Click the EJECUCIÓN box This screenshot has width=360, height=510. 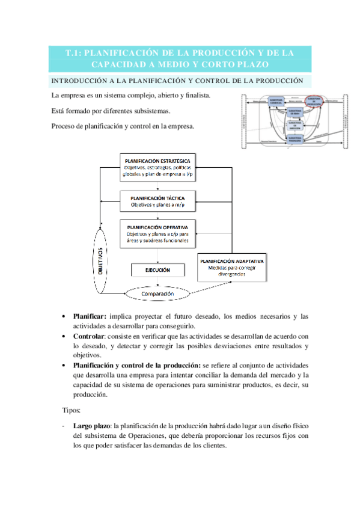[x=157, y=270]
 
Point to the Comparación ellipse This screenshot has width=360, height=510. [x=157, y=294]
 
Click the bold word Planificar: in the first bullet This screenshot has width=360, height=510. [x=90, y=316]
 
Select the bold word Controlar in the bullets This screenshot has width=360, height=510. [x=88, y=336]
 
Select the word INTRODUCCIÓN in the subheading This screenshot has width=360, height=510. [x=79, y=81]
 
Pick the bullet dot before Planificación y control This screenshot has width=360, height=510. [x=65, y=366]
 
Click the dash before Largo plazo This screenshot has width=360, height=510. [x=64, y=426]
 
